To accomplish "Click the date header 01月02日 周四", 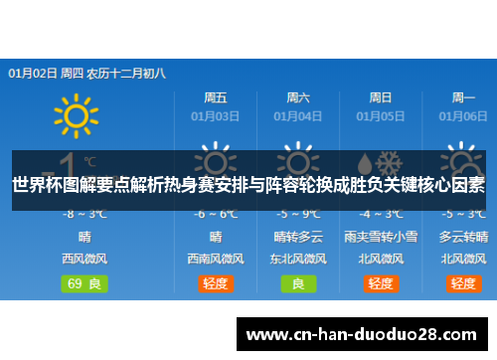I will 46,73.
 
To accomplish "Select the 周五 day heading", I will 215,97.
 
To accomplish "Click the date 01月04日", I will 297,115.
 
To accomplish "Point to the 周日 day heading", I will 380,97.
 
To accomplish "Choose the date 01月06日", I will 463,115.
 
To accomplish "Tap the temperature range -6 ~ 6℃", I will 215,214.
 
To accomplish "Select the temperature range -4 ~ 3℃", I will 380,214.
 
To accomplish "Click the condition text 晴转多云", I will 298,237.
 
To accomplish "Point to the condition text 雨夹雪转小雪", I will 380,237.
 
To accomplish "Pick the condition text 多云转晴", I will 463,237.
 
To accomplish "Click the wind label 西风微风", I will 83,259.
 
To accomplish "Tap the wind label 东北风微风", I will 298,259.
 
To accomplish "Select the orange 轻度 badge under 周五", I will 215,283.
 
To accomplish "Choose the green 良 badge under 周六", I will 298,283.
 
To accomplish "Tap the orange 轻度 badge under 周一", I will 463,283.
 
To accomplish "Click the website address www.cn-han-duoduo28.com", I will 368,334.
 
